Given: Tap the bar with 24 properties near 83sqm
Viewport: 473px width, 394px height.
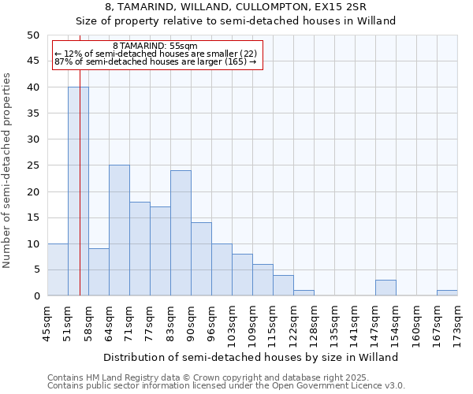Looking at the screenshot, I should (x=181, y=233).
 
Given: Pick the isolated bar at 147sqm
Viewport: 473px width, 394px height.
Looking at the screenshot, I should (x=385, y=288).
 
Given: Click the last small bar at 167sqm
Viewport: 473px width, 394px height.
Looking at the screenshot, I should (x=447, y=293).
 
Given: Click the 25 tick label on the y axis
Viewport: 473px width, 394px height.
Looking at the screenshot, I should (x=32, y=165).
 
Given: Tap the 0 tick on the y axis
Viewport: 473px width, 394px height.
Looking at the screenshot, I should (x=35, y=295).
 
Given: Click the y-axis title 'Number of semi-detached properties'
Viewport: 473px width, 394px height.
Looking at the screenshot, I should (x=8, y=170).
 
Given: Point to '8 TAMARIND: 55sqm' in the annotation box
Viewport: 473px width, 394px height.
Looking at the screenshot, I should (x=155, y=46).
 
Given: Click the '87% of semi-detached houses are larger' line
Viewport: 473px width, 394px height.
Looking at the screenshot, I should (x=155, y=61).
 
